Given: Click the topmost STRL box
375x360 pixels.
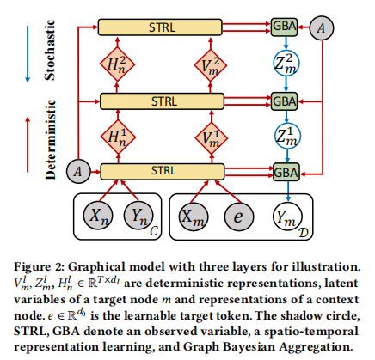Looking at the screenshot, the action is pyautogui.click(x=160, y=27).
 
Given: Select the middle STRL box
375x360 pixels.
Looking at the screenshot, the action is pyautogui.click(x=162, y=101).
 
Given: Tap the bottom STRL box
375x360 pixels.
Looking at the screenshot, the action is pyautogui.click(x=163, y=172).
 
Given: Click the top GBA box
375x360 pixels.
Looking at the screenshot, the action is pyautogui.click(x=284, y=27).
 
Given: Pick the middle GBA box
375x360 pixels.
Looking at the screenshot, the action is pyautogui.click(x=284, y=101).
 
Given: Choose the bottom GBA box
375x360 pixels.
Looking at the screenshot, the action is pyautogui.click(x=286, y=172).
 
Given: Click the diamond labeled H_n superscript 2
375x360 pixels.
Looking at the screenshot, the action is pyautogui.click(x=117, y=64).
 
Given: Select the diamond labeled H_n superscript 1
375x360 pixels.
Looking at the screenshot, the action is pyautogui.click(x=118, y=137).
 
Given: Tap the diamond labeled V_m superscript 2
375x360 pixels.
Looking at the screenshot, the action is pyautogui.click(x=211, y=65).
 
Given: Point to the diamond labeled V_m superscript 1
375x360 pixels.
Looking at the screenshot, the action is pyautogui.click(x=212, y=137).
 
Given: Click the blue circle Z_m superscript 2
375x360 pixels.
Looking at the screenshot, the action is pyautogui.click(x=286, y=64).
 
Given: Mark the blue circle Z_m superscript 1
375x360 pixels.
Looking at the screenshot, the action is pyautogui.click(x=287, y=136).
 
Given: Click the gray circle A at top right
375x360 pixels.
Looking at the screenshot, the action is pyautogui.click(x=322, y=27).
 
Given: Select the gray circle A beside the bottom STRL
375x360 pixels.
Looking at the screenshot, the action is pyautogui.click(x=78, y=171).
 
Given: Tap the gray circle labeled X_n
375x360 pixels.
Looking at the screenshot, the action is pyautogui.click(x=98, y=216).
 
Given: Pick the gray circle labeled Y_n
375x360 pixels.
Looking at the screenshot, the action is pyautogui.click(x=138, y=216).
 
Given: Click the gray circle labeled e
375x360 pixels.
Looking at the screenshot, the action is pyautogui.click(x=239, y=217).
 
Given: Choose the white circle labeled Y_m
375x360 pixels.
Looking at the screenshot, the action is pyautogui.click(x=287, y=217).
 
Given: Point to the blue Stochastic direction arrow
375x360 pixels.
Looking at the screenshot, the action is pyautogui.click(x=28, y=54).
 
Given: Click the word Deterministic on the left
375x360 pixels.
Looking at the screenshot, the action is pyautogui.click(x=50, y=139).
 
